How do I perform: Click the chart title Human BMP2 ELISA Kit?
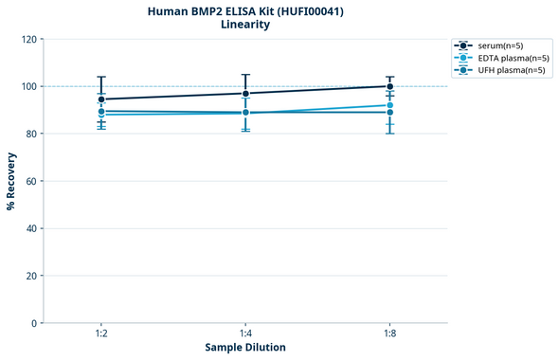point(245,11)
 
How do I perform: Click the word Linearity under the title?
point(245,25)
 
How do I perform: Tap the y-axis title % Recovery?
point(11,180)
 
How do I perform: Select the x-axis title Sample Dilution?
point(245,347)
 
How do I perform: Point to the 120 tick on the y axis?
point(28,39)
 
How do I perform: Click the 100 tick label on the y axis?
point(28,86)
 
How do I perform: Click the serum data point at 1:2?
point(101,99)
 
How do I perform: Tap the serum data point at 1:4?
point(245,93)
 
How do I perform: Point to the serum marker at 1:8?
point(390,86)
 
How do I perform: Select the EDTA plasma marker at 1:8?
point(390,105)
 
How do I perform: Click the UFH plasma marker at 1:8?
point(390,113)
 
